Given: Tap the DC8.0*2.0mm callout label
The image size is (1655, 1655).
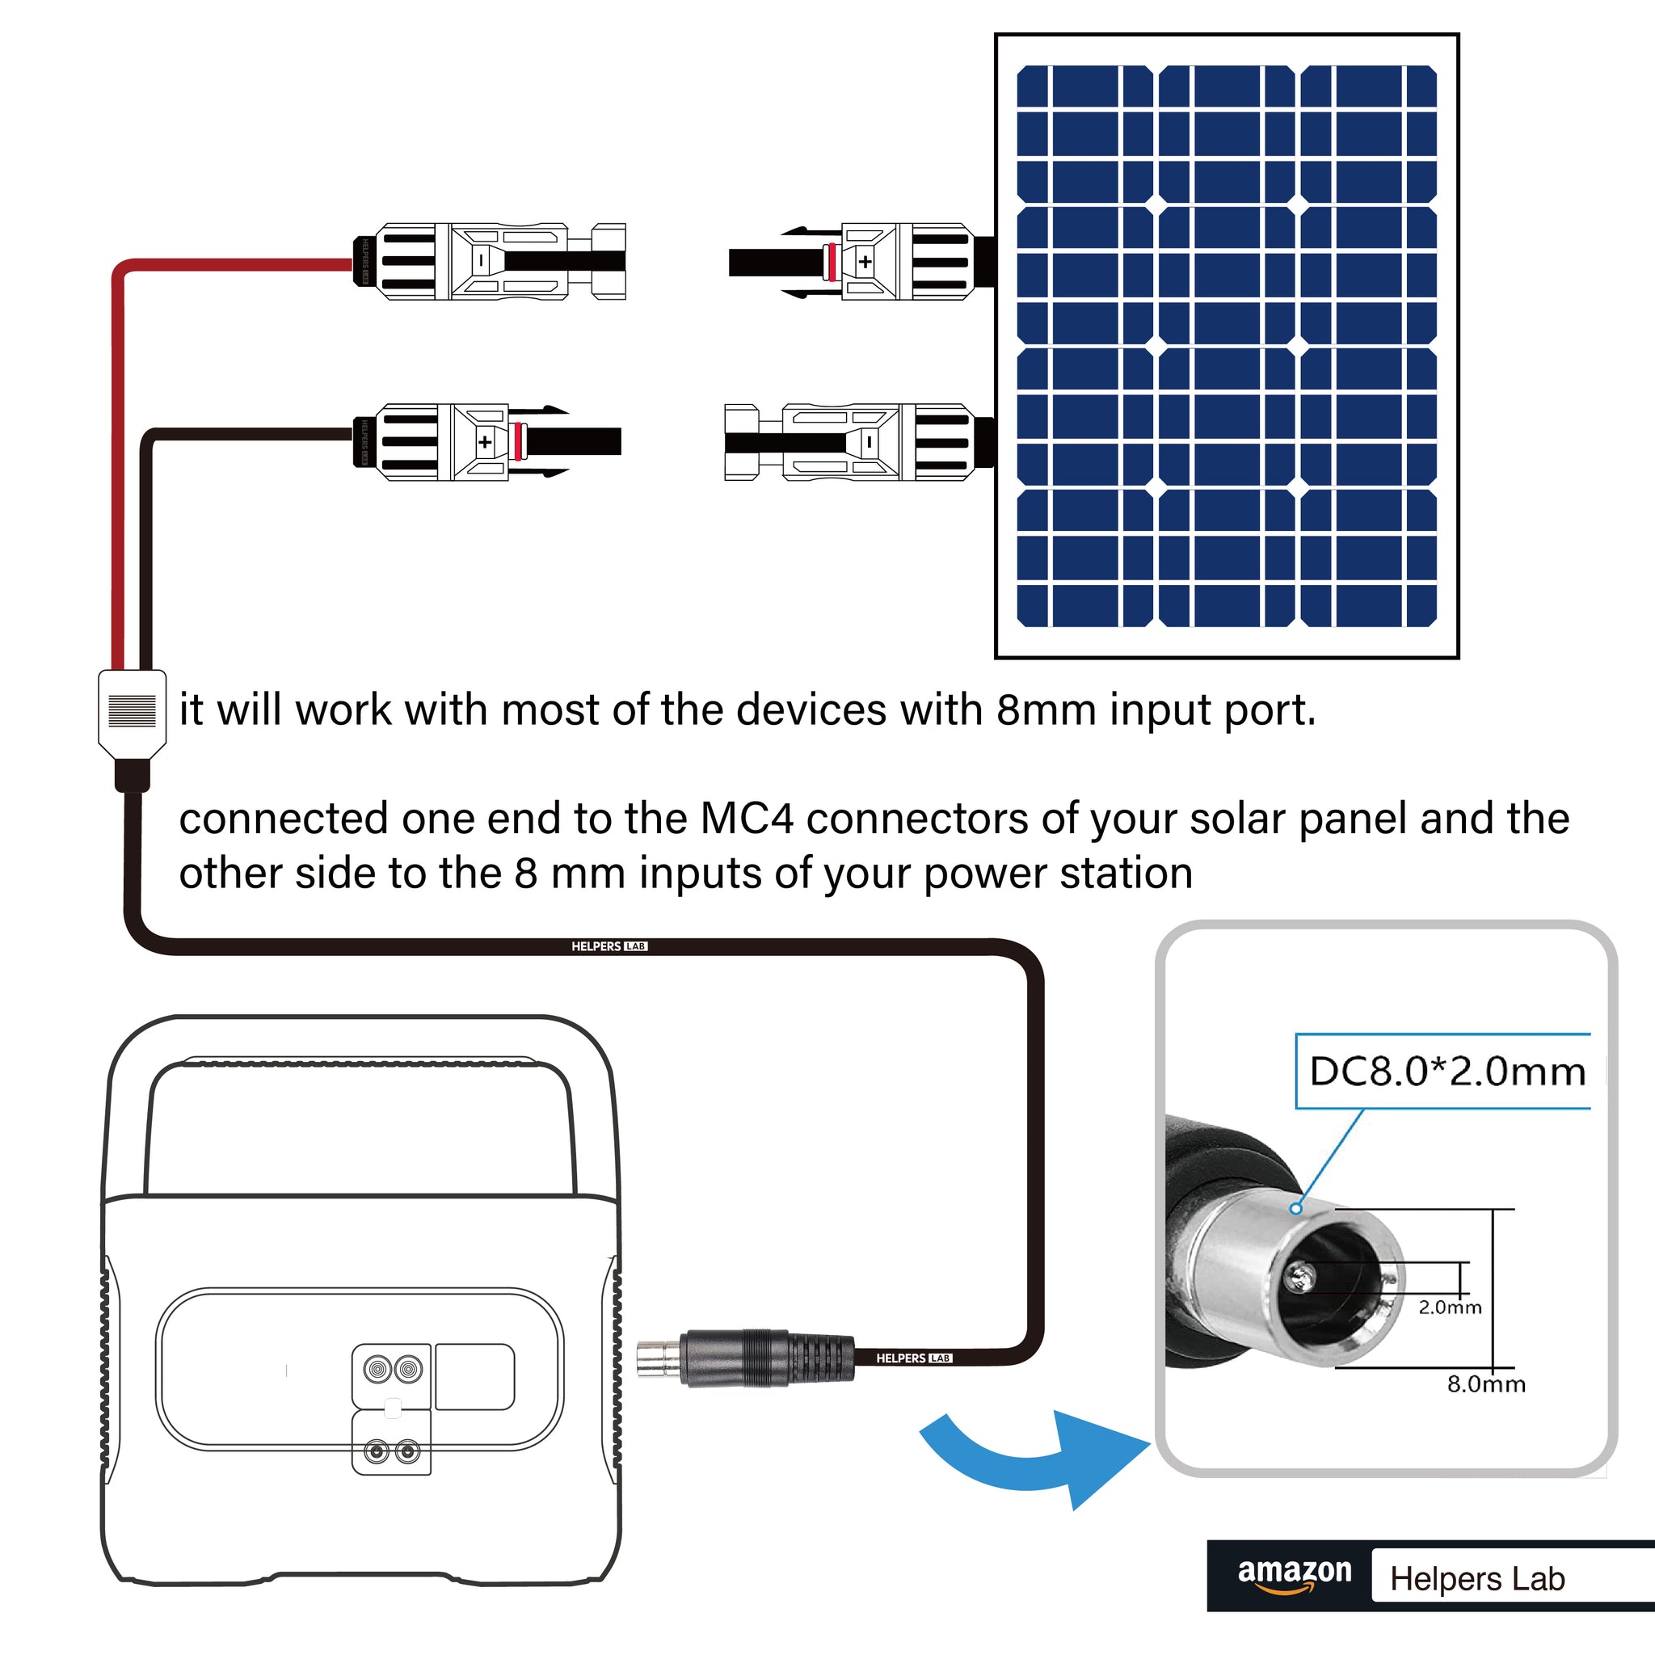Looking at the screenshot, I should pos(1447,1072).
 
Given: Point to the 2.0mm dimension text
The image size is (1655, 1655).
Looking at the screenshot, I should pos(1450,1308).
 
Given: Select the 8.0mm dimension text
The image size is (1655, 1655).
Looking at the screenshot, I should pos(1486,1384).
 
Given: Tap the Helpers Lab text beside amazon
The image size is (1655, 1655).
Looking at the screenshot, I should pos(1477,1579).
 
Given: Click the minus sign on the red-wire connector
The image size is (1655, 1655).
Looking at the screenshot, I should pos(482,259).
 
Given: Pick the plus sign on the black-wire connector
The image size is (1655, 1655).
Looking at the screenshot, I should pos(485,442).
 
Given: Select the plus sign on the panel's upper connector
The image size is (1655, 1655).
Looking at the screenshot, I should pos(865,261).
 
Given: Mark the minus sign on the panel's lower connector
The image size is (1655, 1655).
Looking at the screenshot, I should pos(870,442).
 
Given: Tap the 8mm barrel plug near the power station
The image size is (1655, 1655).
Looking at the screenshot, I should pos(745,1358).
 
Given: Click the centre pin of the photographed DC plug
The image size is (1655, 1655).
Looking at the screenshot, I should pos(1300,1279).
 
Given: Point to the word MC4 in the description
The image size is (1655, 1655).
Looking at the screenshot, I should pos(746,819).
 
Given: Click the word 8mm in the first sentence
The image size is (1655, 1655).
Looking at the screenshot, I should pos(1046,710).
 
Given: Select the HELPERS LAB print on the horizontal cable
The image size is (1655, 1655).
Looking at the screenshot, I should pos(609,946).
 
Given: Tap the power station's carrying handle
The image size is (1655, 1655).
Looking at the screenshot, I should pos(360,1071).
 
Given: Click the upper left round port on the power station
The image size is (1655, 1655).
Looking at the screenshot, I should pos(377,1369).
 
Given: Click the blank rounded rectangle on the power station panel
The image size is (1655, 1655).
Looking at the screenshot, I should pos(474,1376).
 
